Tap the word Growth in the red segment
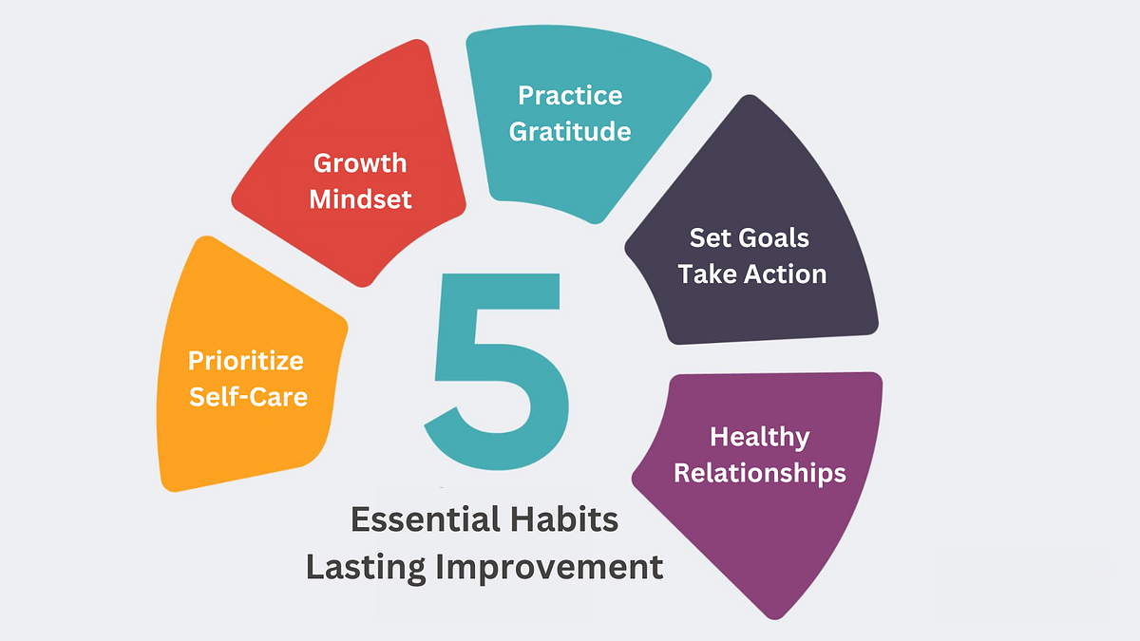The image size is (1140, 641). (360, 163)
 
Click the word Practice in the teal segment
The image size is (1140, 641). (570, 95)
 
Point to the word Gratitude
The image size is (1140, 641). (570, 130)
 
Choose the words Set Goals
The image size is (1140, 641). (750, 236)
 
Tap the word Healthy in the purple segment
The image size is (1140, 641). (760, 437)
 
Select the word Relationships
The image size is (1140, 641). (760, 472)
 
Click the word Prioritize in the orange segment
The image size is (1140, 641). (246, 361)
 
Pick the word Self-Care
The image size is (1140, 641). (249, 395)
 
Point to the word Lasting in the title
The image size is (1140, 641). (365, 567)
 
